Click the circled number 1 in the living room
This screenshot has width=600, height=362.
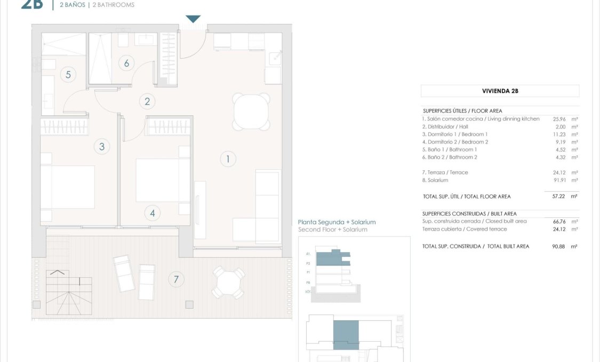click(228, 159)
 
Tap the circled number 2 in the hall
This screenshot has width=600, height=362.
click(147, 101)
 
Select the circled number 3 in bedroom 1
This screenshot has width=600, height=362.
click(102, 146)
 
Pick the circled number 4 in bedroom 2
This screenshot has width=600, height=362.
click(153, 214)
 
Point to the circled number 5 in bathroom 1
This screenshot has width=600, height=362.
click(68, 74)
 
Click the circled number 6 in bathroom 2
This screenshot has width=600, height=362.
click(126, 63)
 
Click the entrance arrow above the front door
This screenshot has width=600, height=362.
click(193, 19)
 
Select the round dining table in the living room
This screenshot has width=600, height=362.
click(251, 111)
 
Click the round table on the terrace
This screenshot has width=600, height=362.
click(228, 283)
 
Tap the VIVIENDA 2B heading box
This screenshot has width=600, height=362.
click(500, 91)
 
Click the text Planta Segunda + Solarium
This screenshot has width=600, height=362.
click(337, 222)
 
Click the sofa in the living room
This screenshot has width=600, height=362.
click(261, 206)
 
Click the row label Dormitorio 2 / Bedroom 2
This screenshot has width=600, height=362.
click(455, 142)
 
